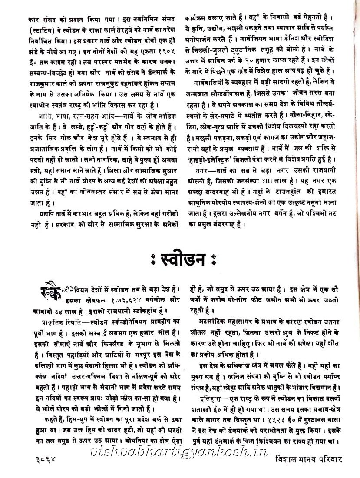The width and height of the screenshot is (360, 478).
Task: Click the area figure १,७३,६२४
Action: (112, 300)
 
